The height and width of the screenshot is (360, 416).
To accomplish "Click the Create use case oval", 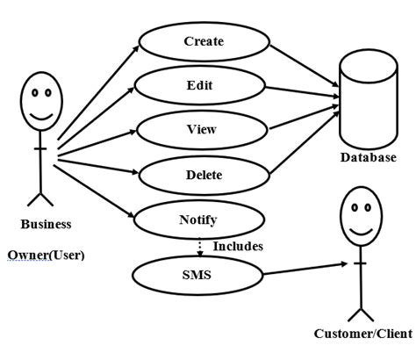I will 204,41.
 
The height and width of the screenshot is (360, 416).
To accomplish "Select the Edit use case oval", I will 198,86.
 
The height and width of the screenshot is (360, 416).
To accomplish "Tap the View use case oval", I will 201,129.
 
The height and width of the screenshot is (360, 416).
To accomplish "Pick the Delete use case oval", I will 204,175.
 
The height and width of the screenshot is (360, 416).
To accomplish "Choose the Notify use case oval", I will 197,220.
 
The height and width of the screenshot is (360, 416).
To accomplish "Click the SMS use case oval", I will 197,275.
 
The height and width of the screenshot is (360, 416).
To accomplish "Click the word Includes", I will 238,247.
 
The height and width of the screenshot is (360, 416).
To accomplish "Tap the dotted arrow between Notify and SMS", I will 200,247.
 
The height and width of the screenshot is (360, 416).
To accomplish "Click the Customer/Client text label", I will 362,334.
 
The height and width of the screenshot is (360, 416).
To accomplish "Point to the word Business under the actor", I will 46,224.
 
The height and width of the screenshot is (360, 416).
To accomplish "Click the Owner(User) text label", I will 46,256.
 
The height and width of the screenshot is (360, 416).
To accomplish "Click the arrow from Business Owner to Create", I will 97,92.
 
